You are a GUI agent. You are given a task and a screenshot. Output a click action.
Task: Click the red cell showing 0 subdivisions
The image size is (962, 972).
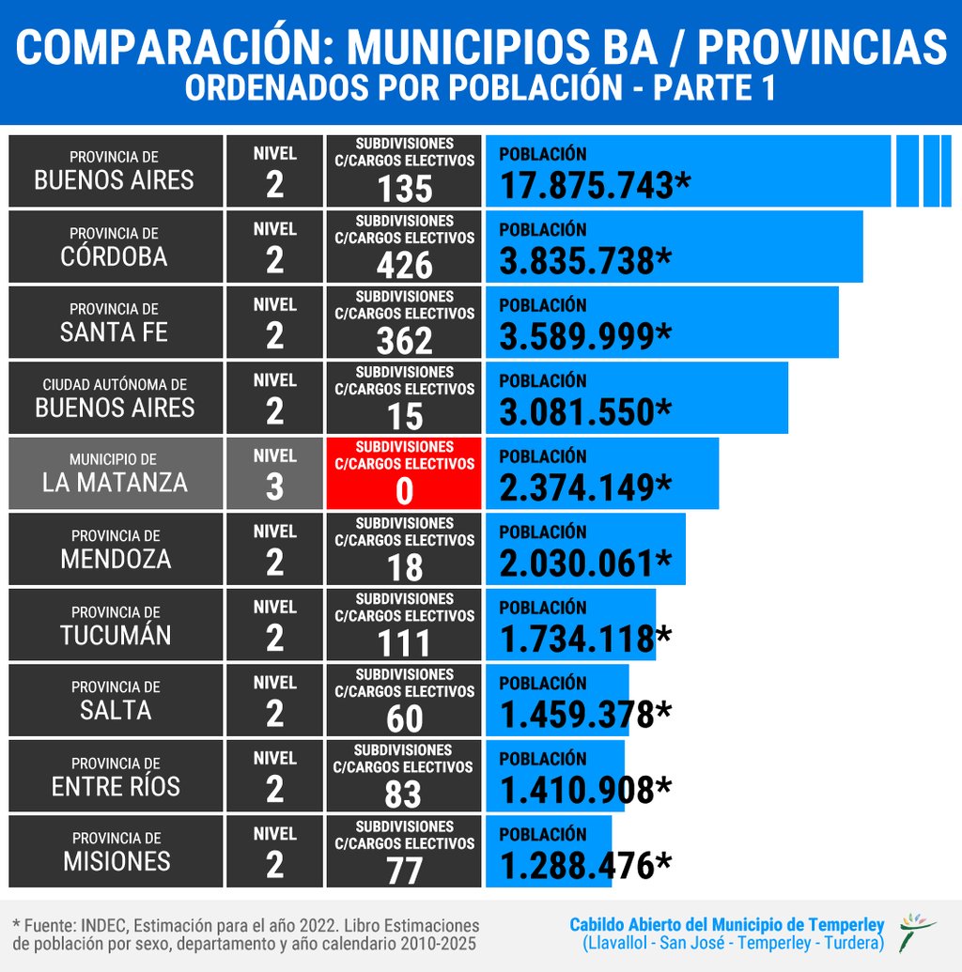point(404,473)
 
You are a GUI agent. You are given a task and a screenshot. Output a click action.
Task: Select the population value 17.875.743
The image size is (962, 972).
point(586,185)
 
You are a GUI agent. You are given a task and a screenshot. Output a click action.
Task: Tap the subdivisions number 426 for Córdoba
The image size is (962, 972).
point(404,265)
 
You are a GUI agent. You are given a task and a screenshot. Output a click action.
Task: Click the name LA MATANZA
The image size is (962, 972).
point(115,483)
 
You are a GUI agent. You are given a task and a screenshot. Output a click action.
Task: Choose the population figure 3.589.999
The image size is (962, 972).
point(577,336)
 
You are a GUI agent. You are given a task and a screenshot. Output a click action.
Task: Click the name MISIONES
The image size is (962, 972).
point(116,861)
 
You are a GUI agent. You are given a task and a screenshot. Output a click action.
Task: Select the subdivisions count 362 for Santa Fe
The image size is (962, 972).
point(404,340)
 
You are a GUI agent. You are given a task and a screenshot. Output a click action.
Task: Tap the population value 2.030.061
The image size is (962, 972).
point(577,563)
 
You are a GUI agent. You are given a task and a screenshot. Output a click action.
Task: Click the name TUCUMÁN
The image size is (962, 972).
point(116,635)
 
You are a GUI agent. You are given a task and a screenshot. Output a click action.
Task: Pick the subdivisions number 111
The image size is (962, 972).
point(404,643)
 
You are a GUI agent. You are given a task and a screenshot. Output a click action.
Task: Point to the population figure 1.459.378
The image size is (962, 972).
point(577,715)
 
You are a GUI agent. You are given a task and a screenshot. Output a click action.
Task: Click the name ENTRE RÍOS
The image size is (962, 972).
point(116,786)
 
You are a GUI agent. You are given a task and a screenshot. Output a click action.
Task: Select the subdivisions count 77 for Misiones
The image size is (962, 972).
point(404,871)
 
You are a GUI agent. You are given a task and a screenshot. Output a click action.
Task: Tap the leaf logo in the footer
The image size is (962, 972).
point(916,931)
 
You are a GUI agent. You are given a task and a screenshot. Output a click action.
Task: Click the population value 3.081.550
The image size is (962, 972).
point(577,412)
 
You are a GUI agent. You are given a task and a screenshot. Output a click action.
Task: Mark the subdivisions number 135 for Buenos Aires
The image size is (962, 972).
point(404,189)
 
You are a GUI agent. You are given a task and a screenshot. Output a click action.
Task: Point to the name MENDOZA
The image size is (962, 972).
point(116,559)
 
